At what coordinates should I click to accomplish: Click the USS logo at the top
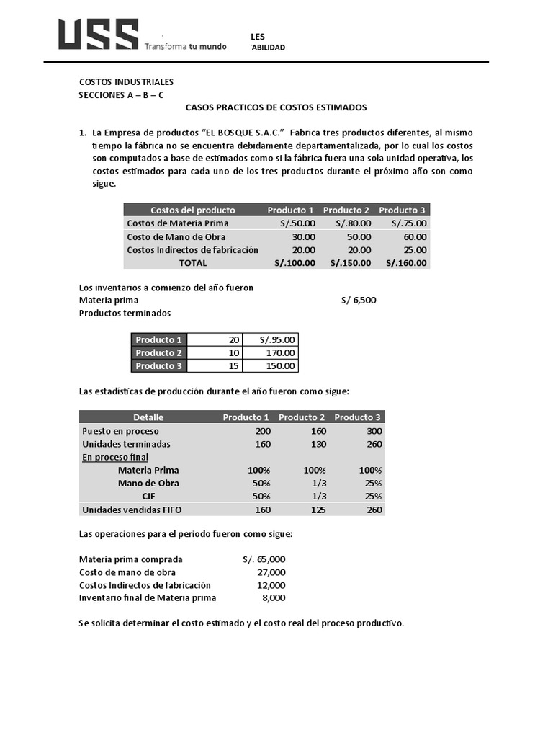pyautogui.click(x=98, y=35)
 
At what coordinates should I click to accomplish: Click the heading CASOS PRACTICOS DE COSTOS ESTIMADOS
pyautogui.click(x=276, y=107)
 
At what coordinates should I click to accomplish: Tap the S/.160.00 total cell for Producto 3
pyautogui.click(x=406, y=263)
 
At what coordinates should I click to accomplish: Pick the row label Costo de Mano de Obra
pyautogui.click(x=176, y=236)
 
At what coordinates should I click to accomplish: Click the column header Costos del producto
pyautogui.click(x=192, y=210)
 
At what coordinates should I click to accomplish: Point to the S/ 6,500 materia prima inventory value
pyautogui.click(x=359, y=300)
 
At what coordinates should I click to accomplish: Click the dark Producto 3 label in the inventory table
pyautogui.click(x=159, y=366)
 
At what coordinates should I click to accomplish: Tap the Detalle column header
pyautogui.click(x=148, y=417)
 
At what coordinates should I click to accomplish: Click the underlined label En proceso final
pyautogui.click(x=115, y=457)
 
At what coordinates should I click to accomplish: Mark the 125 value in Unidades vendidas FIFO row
pyautogui.click(x=317, y=510)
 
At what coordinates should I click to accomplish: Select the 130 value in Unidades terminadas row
pyautogui.click(x=317, y=444)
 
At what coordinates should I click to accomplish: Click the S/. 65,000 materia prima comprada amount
pyautogui.click(x=264, y=559)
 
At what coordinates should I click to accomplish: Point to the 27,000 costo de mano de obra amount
pyautogui.click(x=271, y=572)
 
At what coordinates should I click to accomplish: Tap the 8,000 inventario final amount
pyautogui.click(x=274, y=598)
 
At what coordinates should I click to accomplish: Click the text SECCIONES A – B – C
pyautogui.click(x=121, y=95)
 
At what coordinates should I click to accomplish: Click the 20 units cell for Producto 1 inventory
pyautogui.click(x=233, y=339)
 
